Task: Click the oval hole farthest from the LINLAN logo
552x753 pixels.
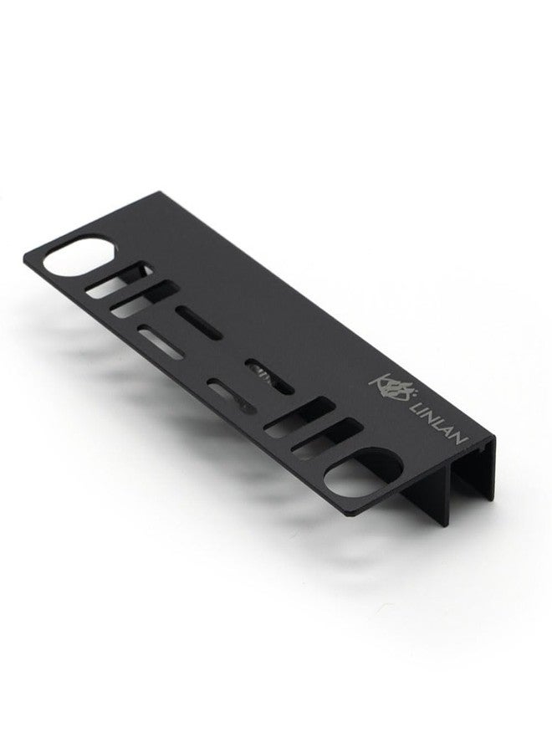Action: [79, 255]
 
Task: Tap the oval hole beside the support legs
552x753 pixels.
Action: [362, 473]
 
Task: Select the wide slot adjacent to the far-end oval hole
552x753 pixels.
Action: [119, 280]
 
